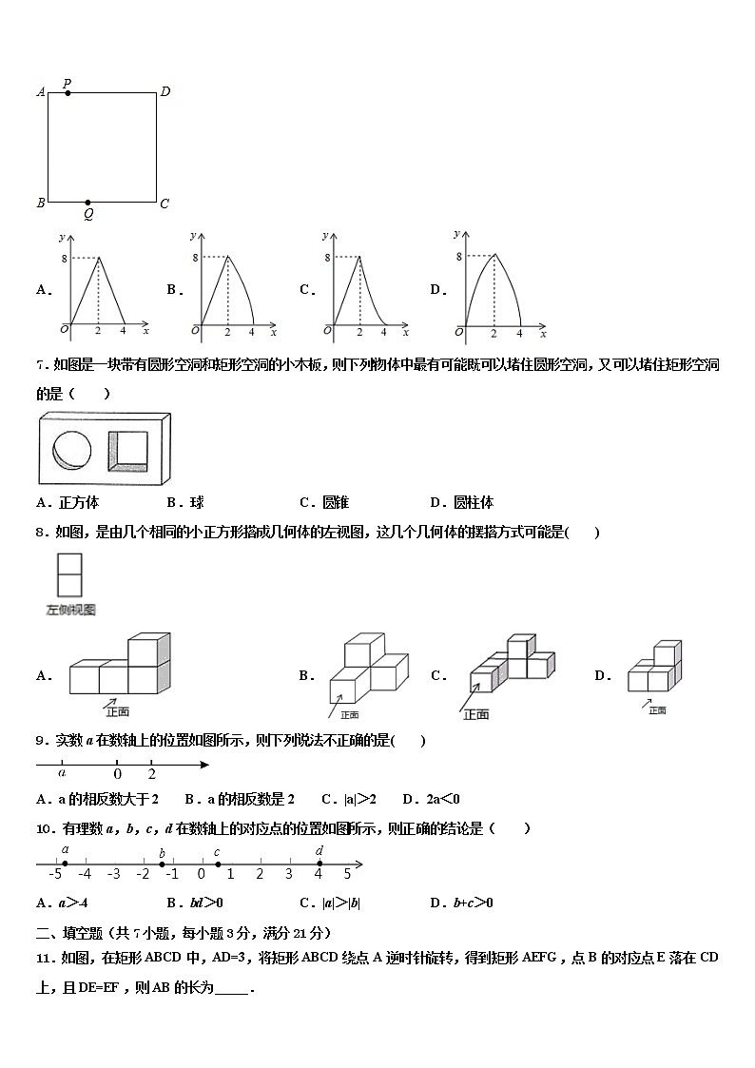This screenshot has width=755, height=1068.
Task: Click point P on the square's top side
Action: [67, 93]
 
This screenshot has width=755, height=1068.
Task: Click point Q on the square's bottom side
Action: [88, 203]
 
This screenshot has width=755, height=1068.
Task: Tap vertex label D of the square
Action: [165, 91]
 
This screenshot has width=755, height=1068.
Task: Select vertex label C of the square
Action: [165, 204]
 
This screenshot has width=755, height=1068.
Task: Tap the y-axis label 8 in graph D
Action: [458, 257]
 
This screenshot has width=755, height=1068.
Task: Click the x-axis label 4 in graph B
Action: [251, 332]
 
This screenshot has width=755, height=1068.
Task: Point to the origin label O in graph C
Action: [328, 330]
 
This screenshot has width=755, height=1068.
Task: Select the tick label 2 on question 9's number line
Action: [151, 774]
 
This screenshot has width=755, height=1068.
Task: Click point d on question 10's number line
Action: [319, 864]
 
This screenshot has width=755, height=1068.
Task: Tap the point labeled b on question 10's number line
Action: [163, 864]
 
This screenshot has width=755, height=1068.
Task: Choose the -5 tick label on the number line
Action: [56, 873]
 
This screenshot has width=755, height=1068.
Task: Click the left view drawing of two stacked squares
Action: [69, 575]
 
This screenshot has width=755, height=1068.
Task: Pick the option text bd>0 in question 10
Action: [205, 903]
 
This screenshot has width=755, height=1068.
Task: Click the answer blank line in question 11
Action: [232, 989]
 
